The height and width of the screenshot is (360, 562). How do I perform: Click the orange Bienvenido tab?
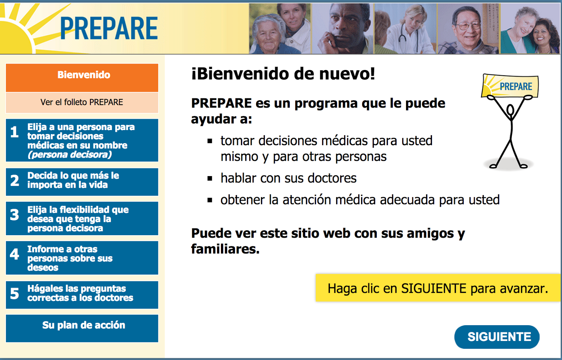tap(82, 78)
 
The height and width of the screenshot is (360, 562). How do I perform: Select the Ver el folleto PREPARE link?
tap(82, 102)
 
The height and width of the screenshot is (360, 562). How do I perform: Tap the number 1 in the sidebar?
tap(14, 132)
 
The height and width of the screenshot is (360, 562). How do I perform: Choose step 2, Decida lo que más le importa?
tap(82, 182)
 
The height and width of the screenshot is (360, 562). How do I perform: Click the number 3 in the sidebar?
tap(14, 215)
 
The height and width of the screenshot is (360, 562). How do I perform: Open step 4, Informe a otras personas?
tap(82, 258)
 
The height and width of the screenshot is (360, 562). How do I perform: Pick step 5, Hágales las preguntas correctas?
tap(82, 295)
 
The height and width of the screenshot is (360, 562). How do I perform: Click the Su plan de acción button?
tap(82, 328)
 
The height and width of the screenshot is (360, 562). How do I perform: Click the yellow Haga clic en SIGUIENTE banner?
tap(438, 288)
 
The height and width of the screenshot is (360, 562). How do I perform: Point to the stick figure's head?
tap(510, 110)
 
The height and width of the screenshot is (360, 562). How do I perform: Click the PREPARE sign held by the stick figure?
tap(510, 86)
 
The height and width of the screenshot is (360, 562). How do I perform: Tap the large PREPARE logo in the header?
tap(109, 28)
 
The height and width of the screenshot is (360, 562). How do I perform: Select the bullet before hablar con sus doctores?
tap(210, 179)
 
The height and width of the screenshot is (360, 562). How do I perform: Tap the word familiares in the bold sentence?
tap(225, 249)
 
